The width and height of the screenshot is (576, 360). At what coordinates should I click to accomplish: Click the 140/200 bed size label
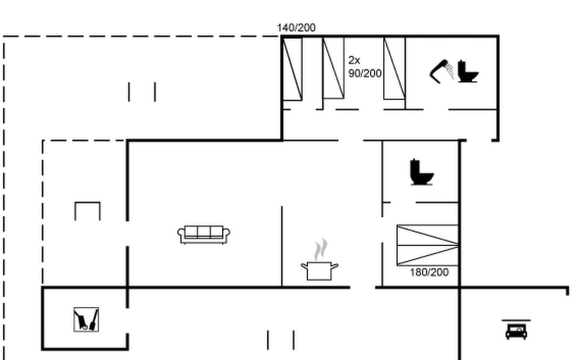296,28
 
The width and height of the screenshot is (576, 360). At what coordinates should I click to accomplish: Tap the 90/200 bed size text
365,73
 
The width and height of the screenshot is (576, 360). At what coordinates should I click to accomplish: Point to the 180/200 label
429,272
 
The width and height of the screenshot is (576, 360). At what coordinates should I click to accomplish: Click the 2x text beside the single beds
354,60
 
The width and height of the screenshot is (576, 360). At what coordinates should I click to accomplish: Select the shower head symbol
442,71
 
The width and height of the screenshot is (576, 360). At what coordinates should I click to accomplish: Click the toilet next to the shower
468,71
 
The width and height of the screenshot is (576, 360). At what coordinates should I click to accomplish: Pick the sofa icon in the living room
204,235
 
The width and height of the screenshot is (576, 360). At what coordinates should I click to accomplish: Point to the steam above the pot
321,249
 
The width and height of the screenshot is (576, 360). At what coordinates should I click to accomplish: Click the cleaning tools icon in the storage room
86,319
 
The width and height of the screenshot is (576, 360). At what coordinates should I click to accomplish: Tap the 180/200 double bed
427,245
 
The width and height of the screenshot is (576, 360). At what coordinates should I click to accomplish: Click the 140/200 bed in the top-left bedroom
292,69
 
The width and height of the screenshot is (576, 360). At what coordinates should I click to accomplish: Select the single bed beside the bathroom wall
394,68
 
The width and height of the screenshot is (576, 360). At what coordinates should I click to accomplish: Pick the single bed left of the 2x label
333,68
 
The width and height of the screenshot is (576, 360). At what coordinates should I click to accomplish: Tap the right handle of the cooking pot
335,266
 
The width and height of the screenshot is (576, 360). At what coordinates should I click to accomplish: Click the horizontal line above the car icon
516,320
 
